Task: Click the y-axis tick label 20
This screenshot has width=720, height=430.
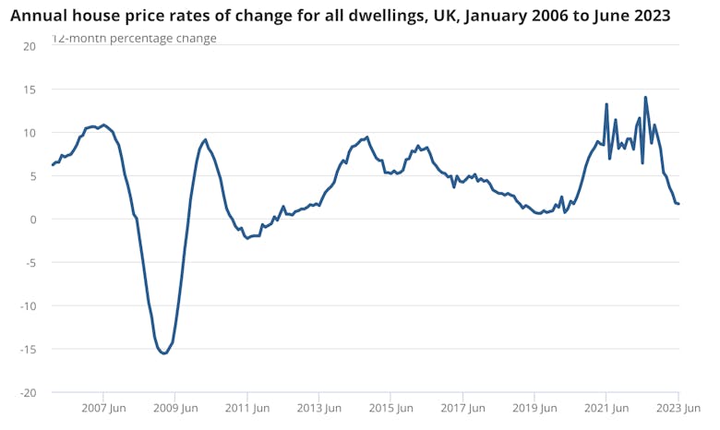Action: click(30, 46)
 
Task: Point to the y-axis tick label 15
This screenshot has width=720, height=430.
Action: click(30, 90)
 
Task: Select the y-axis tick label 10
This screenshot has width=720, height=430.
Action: click(30, 133)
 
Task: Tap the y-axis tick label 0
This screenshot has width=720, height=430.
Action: click(32, 220)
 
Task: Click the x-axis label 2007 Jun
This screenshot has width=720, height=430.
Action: click(104, 408)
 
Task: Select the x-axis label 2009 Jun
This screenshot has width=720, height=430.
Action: click(176, 408)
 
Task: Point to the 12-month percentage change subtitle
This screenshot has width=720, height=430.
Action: click(134, 39)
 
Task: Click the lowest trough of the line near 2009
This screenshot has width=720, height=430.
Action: click(163, 353)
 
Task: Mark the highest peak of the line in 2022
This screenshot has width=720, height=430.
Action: click(645, 97)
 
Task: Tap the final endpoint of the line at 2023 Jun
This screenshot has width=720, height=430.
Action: click(679, 204)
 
